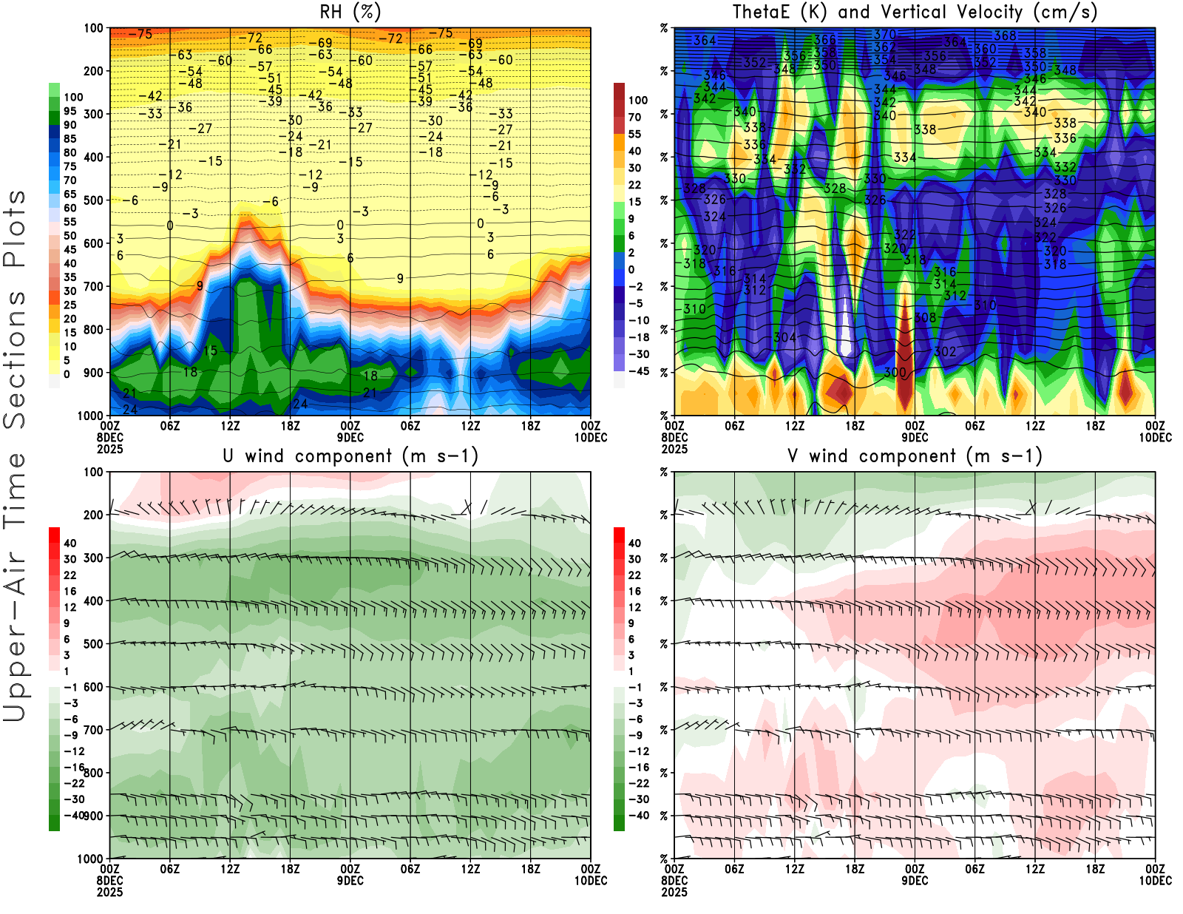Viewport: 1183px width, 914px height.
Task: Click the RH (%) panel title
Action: click(350, 13)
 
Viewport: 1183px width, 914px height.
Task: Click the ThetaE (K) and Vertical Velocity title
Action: click(915, 13)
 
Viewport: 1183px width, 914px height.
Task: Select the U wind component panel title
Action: click(350, 456)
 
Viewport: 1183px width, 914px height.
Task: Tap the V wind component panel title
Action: click(915, 456)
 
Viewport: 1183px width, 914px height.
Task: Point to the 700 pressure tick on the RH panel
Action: click(94, 286)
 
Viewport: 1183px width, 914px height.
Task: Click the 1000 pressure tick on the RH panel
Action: click(90, 416)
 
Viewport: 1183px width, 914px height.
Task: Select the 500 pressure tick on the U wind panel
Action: click(94, 644)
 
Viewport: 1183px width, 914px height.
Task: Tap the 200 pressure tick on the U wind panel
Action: click(94, 515)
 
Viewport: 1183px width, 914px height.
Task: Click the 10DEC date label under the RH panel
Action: click(591, 438)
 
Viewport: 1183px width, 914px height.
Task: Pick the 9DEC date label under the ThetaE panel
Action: click(915, 438)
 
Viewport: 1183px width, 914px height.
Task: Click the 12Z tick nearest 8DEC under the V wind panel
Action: click(795, 869)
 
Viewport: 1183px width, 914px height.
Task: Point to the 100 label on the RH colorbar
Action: click(73, 97)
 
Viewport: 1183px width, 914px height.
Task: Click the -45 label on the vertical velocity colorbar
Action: click(638, 371)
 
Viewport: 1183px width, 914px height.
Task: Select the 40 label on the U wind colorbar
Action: click(70, 544)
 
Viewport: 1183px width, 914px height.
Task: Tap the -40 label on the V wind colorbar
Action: click(638, 816)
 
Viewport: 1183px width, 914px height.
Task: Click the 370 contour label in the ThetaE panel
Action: click(884, 35)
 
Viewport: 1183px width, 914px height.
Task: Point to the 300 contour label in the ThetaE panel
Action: click(895, 373)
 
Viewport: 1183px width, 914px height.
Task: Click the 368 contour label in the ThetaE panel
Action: click(1005, 35)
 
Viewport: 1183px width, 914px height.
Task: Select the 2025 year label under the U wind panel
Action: click(109, 893)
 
